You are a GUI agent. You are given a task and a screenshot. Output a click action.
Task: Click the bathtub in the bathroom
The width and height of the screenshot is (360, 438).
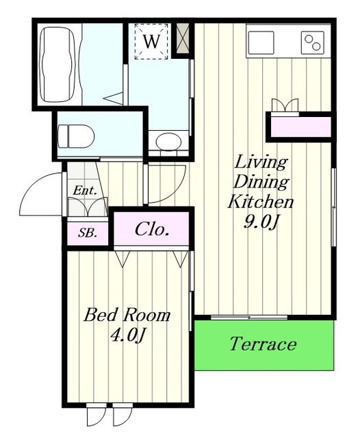click(58, 64)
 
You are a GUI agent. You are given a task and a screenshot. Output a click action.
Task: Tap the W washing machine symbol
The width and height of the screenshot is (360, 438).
click(152, 41)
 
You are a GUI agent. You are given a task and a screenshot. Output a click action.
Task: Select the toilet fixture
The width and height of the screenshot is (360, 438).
click(76, 136)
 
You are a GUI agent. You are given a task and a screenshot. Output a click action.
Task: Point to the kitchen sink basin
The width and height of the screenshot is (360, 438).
click(261, 42)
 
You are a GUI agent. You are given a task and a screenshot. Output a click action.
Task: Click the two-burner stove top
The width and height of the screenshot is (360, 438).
click(313, 42)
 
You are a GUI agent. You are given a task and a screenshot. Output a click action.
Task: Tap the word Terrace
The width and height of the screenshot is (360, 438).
click(263, 344)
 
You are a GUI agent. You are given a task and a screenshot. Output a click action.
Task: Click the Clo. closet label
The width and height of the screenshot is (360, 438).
click(152, 229)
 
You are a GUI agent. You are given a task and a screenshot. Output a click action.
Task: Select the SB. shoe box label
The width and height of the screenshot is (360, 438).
click(88, 233)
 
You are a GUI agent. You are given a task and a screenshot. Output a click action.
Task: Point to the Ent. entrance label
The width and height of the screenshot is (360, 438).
click(85, 191)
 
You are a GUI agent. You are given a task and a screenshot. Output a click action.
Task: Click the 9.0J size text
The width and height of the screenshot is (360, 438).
click(261, 222)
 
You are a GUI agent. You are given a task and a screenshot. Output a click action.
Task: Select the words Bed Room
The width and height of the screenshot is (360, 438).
click(127, 315)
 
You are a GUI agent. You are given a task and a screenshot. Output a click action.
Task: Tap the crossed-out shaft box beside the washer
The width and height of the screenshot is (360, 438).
click(183, 38)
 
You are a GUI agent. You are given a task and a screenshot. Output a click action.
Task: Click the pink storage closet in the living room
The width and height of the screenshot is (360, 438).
click(300, 127)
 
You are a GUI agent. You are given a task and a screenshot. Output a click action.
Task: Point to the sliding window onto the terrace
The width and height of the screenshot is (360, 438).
click(249, 318)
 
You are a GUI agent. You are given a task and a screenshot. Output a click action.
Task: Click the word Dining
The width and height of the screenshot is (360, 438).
click(261, 182)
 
